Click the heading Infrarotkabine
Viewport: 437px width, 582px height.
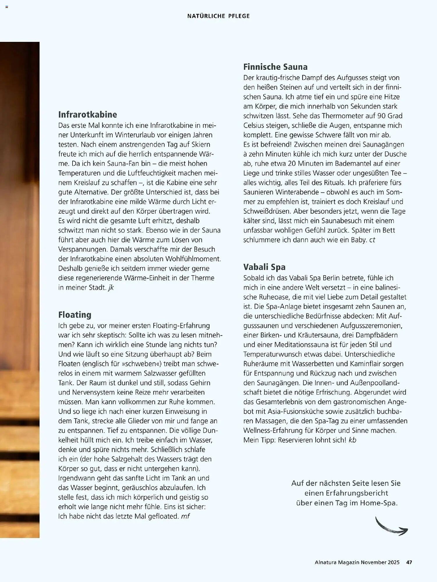pyautogui.click(x=88, y=115)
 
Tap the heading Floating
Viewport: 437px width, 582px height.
pyautogui.click(x=75, y=315)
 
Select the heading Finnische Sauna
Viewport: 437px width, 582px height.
pyautogui.click(x=275, y=67)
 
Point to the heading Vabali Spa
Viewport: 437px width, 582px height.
pyautogui.click(x=264, y=267)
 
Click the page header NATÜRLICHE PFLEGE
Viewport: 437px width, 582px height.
pyautogui.click(x=218, y=16)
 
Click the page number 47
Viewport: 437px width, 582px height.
pyautogui.click(x=409, y=562)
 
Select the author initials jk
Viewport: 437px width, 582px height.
pyautogui.click(x=111, y=288)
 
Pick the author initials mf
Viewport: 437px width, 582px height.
pyautogui.click(x=185, y=517)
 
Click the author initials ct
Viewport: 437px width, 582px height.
pyautogui.click(x=372, y=240)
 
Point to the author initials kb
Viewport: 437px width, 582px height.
pyautogui.click(x=352, y=440)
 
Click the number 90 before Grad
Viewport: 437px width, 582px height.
pyautogui.click(x=381, y=116)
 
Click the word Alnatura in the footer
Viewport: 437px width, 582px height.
pyautogui.click(x=325, y=562)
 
